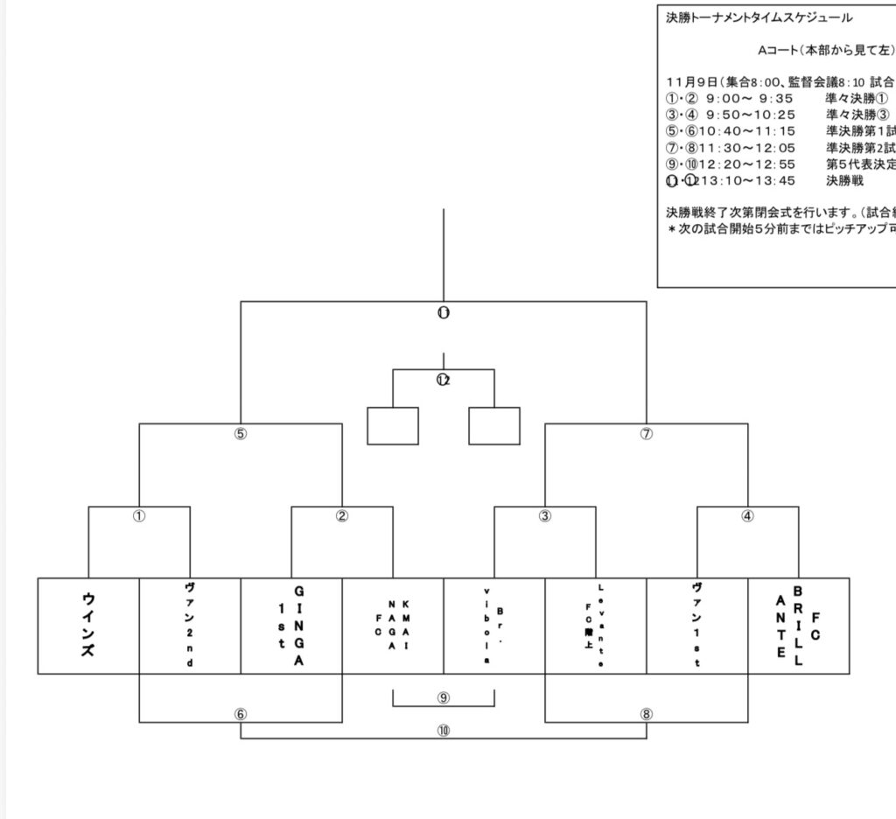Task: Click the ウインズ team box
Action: (x=88, y=626)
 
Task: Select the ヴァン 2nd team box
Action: (x=190, y=626)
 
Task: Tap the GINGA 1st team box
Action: (x=291, y=626)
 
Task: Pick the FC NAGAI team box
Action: (x=393, y=626)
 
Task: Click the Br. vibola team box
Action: (x=494, y=626)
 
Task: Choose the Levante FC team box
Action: (x=596, y=626)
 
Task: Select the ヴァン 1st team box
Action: (x=697, y=626)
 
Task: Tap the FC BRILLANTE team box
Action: (x=799, y=626)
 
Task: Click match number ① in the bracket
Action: (x=139, y=516)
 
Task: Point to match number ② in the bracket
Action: (x=342, y=516)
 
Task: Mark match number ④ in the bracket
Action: (x=747, y=516)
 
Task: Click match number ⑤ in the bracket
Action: (x=241, y=434)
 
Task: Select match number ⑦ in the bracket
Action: (x=647, y=434)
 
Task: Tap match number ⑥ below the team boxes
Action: (x=241, y=714)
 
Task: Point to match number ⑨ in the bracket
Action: (x=444, y=697)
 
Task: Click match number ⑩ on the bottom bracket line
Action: (x=444, y=731)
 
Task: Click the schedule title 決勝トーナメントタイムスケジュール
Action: (x=759, y=17)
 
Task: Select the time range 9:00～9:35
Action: (x=750, y=99)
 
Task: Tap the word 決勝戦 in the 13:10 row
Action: (x=844, y=181)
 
